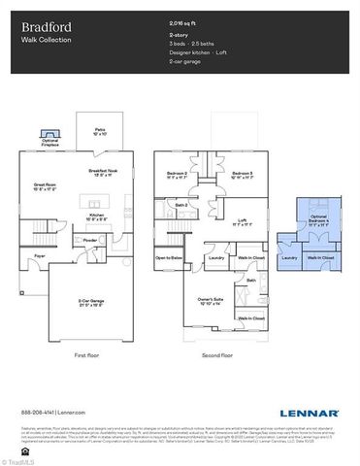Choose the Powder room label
[90, 240]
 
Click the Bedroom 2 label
[177, 176]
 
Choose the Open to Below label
[169, 258]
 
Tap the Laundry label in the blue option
[289, 258]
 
